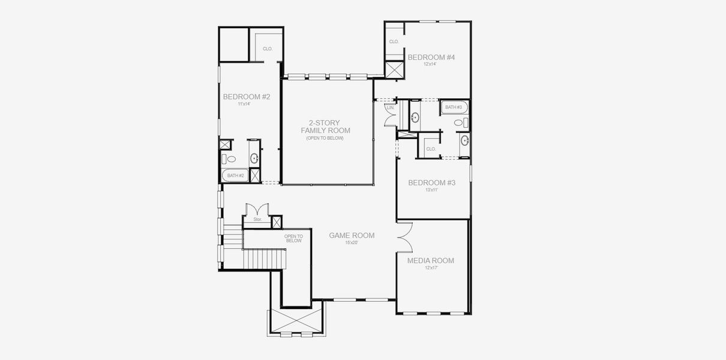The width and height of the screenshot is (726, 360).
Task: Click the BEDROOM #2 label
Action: click(x=246, y=97)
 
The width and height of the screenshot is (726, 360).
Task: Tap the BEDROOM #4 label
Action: click(x=431, y=58)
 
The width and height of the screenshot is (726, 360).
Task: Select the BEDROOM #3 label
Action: click(x=431, y=182)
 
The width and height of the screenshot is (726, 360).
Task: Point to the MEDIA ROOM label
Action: click(x=430, y=260)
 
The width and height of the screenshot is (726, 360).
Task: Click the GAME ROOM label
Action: click(x=352, y=235)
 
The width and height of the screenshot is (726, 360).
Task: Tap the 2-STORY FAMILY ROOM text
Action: click(x=325, y=127)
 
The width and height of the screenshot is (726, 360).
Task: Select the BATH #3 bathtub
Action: click(x=454, y=107)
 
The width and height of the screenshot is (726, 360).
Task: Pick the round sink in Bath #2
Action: click(x=254, y=158)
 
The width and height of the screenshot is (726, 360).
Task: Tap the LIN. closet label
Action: click(x=390, y=107)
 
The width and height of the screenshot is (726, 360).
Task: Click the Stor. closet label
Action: click(x=257, y=220)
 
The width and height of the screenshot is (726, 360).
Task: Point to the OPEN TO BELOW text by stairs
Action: click(x=293, y=238)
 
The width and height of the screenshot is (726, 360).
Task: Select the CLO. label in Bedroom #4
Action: click(x=394, y=42)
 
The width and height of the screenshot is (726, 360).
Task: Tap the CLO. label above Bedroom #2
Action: click(x=268, y=49)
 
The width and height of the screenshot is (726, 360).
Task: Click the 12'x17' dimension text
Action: click(x=430, y=268)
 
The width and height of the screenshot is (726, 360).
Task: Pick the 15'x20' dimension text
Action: click(x=352, y=243)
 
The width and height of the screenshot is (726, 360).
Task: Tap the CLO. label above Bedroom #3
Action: click(x=430, y=149)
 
